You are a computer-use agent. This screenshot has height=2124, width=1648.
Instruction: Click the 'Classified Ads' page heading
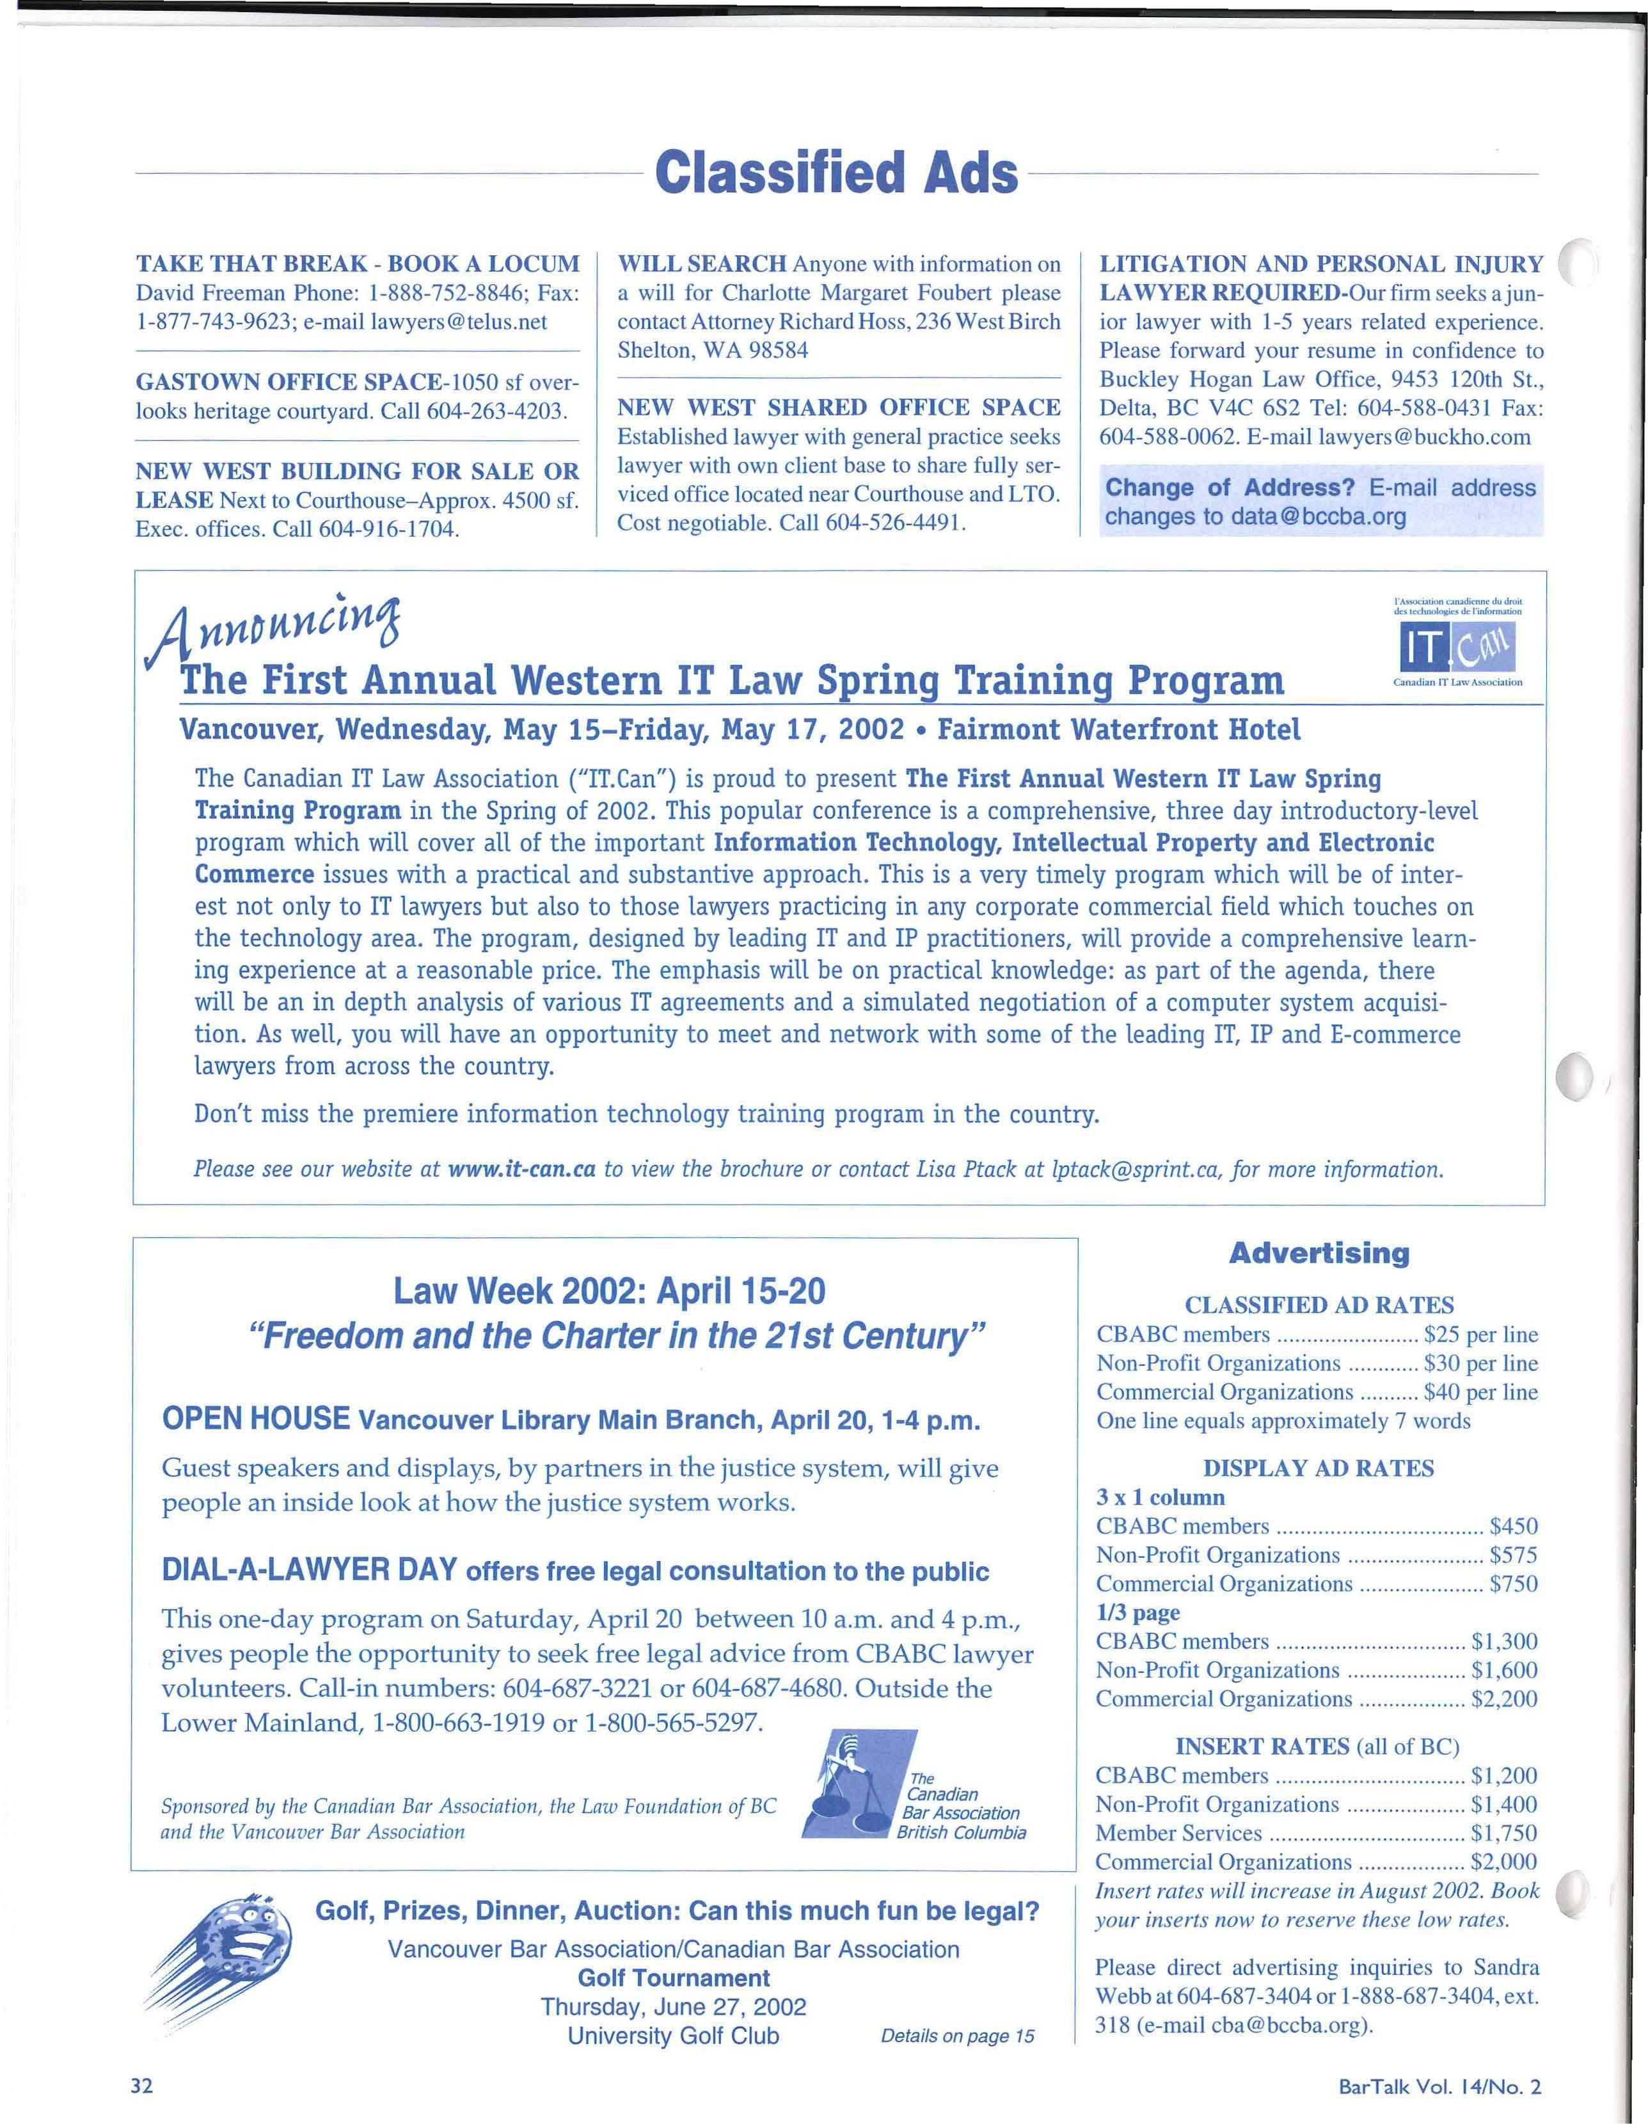(x=836, y=174)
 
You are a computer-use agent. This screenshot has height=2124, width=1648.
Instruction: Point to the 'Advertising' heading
(x=1319, y=1253)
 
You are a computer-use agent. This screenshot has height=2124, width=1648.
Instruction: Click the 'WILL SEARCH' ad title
(x=702, y=264)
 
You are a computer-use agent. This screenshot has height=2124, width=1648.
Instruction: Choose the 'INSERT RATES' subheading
(x=1261, y=1747)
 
